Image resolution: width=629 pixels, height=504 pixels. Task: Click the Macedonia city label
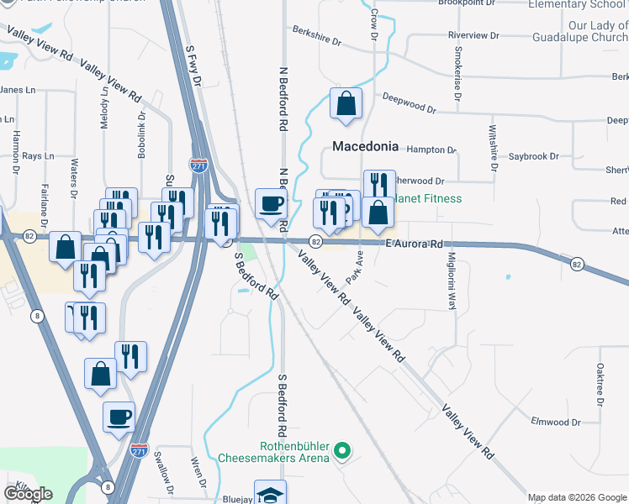(x=365, y=146)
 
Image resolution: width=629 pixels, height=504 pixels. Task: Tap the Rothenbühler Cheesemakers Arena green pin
(x=341, y=452)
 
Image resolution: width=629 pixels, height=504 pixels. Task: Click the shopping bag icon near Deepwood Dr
(x=346, y=105)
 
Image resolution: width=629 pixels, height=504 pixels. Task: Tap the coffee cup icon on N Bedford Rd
(x=272, y=204)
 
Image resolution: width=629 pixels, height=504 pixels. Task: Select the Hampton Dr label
(x=431, y=150)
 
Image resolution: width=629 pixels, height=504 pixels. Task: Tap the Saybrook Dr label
(x=534, y=156)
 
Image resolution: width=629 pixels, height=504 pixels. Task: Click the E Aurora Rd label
(x=414, y=244)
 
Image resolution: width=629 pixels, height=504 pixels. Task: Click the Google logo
(x=28, y=494)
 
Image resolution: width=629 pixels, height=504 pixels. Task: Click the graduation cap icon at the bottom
(x=271, y=493)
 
